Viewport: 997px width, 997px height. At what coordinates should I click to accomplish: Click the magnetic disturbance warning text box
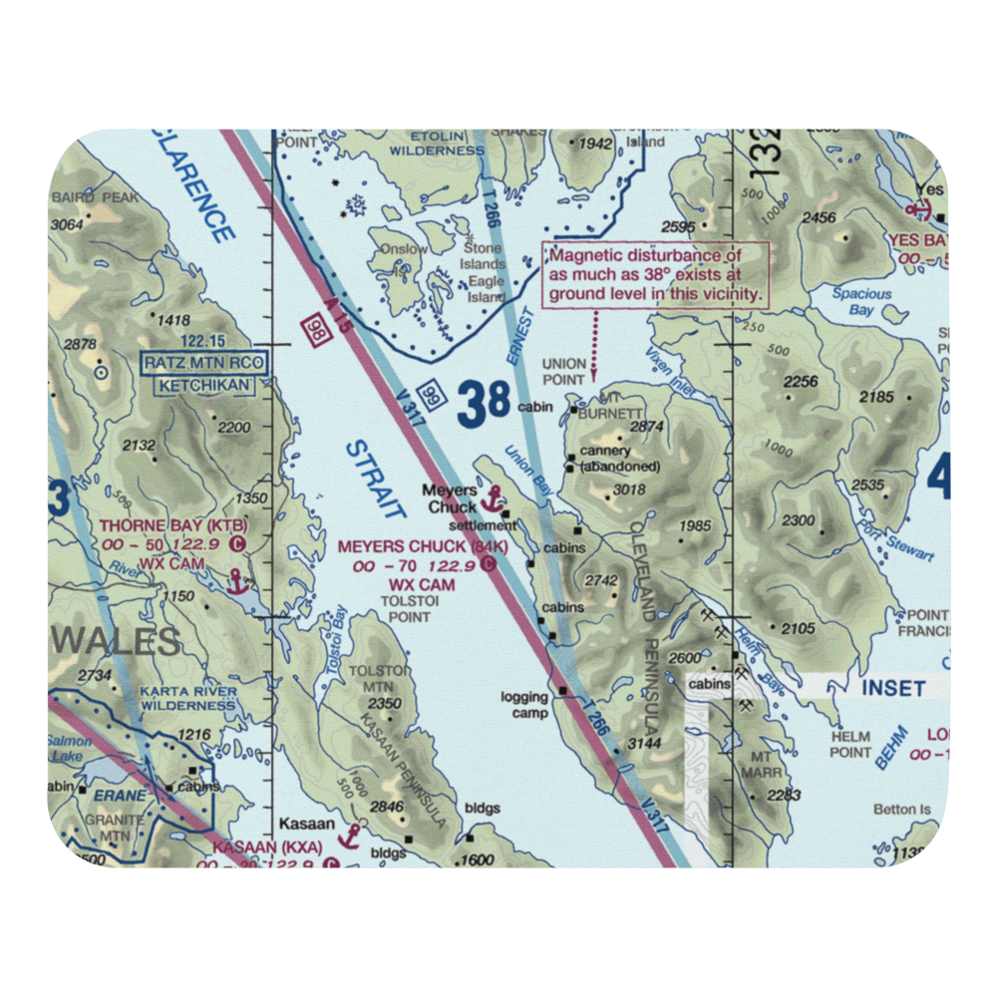point(657,274)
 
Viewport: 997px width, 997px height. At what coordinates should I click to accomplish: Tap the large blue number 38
point(486,405)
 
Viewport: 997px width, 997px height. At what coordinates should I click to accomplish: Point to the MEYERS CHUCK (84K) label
point(423,546)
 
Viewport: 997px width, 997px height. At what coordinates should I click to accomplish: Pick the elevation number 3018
point(630,490)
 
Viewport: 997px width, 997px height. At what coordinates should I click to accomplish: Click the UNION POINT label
point(563,372)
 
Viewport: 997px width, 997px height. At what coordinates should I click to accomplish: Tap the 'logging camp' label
point(524,705)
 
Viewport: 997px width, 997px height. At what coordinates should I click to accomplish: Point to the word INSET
point(892,688)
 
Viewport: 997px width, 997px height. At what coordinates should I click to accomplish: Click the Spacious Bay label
point(862,301)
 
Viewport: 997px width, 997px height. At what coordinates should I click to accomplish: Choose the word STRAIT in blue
point(376,480)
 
